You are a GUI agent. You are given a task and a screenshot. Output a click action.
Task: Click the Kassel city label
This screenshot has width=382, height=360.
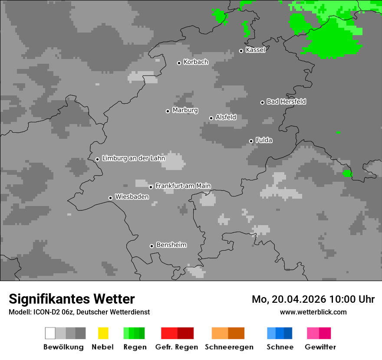pos(255,50)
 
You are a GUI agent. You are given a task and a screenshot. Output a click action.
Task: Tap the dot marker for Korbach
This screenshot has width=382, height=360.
pos(179,63)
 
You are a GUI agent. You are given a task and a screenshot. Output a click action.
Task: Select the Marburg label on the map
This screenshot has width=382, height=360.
pos(185,110)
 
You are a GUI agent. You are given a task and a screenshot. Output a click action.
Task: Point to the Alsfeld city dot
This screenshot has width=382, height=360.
pos(211,118)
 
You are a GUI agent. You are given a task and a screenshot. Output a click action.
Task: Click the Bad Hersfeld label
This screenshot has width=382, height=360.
pos(286,101)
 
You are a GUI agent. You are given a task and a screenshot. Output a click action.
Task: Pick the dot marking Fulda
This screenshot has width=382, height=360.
pos(251,141)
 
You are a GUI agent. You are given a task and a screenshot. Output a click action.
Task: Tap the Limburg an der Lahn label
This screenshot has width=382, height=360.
pos(133,158)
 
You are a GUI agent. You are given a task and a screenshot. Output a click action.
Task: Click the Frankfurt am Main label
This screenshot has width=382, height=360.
pos(183,186)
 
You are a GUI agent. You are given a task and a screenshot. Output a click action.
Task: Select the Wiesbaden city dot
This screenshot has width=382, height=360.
pos(110,198)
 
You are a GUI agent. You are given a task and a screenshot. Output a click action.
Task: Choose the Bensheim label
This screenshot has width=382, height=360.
pos(171,245)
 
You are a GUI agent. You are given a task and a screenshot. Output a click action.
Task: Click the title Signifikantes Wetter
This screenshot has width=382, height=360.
pos(72,299)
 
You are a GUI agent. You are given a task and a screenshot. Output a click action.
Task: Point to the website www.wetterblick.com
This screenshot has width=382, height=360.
pos(313,312)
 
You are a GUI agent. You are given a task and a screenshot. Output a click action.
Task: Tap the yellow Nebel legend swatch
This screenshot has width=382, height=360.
pos(103,333)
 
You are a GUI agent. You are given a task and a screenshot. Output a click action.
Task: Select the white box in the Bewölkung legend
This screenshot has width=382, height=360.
pos(50,333)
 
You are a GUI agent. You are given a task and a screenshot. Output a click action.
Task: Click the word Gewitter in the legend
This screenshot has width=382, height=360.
pos(320,347)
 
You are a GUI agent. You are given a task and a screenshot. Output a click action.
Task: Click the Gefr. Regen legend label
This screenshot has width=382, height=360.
pos(177,347)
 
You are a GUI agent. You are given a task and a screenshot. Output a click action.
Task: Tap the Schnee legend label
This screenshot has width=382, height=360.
pos(280,347)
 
